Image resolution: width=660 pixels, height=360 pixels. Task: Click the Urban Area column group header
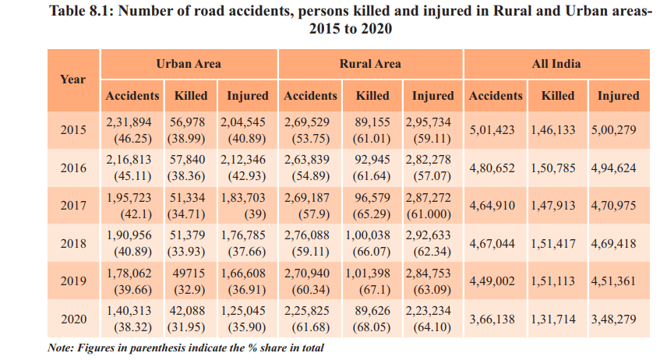[x=189, y=63]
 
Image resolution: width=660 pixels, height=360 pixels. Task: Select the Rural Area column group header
[x=370, y=63]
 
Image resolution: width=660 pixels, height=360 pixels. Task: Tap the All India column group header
[x=556, y=63]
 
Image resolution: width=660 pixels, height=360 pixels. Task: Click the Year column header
[x=72, y=79]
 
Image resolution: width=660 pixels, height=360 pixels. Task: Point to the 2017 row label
[x=72, y=206]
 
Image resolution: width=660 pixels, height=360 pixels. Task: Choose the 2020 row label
[x=72, y=319]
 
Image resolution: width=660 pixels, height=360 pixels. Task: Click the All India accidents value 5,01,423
[x=492, y=130]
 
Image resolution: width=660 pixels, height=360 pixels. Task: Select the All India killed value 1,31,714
[x=556, y=319]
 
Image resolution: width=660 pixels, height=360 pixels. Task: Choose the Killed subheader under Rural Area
[x=372, y=96]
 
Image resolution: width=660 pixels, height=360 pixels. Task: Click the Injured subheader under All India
[x=618, y=96]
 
